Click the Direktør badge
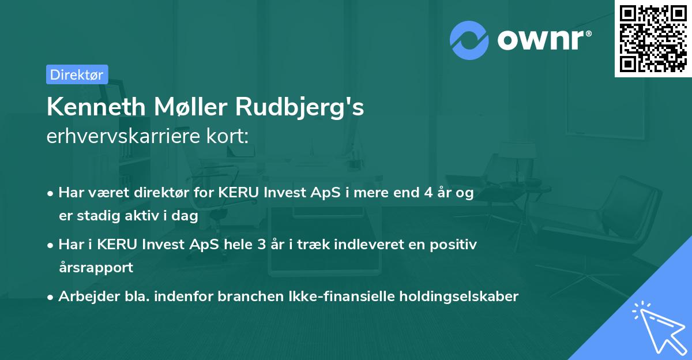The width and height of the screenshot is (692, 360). tap(77, 74)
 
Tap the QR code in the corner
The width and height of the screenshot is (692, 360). tap(652, 38)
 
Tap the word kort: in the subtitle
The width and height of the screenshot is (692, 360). tap(232, 136)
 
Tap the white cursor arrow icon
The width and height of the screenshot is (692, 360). tap(658, 326)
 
